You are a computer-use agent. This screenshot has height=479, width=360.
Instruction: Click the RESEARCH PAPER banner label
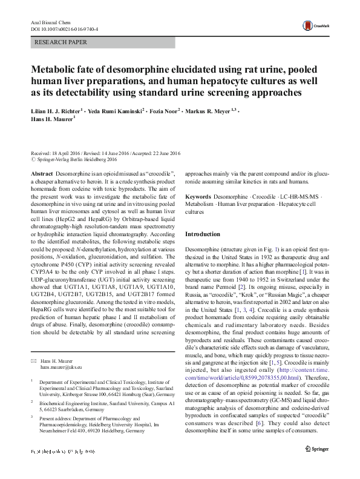pyautogui.click(x=61, y=42)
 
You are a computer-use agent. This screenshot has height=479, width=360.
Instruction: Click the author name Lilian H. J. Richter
pyautogui.click(x=55, y=112)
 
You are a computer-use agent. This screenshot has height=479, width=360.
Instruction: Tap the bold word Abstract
pyautogui.click(x=41, y=173)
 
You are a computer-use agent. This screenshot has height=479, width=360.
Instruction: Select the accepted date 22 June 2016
pyautogui.click(x=162, y=154)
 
